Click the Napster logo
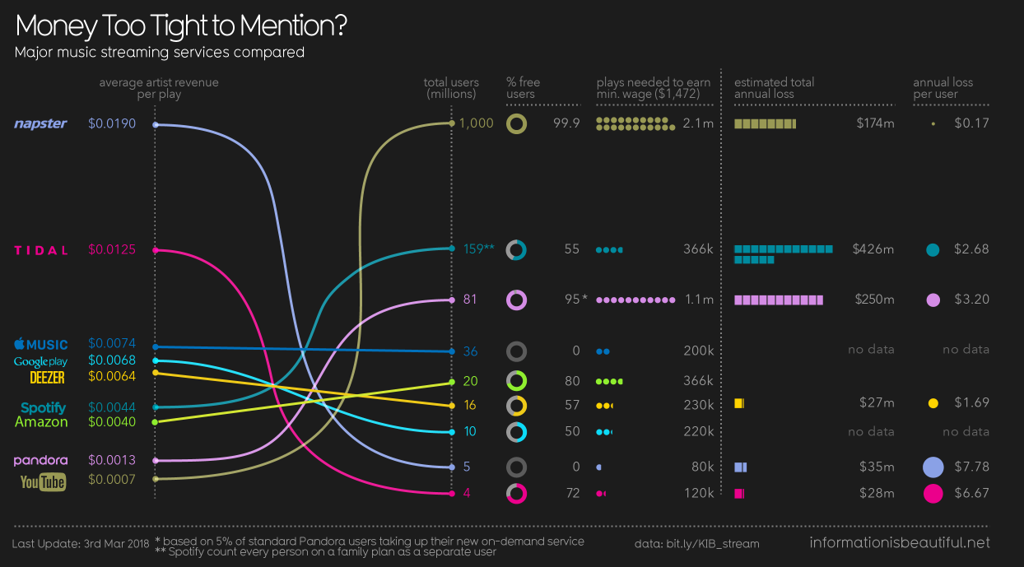point(40,123)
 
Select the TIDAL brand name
point(41,250)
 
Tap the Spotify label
point(43,407)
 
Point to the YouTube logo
point(43,481)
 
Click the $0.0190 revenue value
point(112,123)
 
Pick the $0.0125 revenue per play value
point(112,249)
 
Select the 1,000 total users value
point(477,123)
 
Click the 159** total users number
point(477,249)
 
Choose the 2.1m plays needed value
point(698,123)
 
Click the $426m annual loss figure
point(873,249)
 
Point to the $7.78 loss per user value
point(971,467)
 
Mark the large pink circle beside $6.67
point(933,494)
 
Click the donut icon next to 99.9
point(517,123)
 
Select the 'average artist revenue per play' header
point(159,88)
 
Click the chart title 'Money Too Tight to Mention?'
point(181,26)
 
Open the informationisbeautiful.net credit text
point(900,542)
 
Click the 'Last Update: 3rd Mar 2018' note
point(81,544)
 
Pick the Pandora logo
point(40,460)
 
